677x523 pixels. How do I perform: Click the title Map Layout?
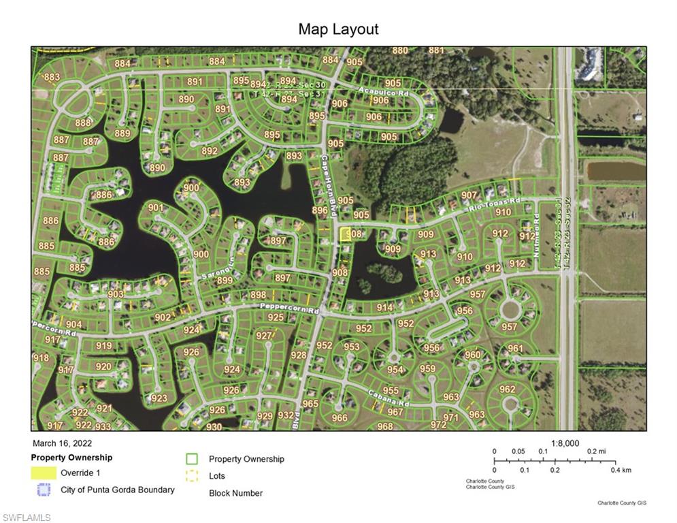tap(338, 29)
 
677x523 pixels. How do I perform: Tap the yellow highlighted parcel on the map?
tap(345, 234)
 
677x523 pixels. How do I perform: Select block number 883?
tap(52, 77)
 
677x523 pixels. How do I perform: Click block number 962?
tap(507, 390)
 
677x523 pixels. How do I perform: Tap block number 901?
tap(156, 208)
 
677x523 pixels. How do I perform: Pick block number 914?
tap(384, 308)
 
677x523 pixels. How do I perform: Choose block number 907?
tap(469, 195)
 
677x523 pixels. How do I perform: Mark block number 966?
tap(339, 418)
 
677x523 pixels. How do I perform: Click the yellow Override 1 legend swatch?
tap(44, 473)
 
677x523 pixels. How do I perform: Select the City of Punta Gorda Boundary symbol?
tap(44, 490)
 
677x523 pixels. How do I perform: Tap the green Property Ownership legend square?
tap(192, 459)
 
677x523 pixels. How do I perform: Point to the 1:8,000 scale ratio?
tap(565, 443)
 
